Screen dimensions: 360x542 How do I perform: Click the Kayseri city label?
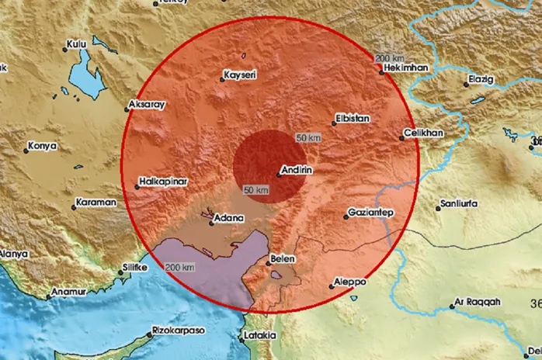click(240, 74)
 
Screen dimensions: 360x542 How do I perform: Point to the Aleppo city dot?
click(332, 286)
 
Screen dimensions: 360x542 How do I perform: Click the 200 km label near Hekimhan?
click(390, 58)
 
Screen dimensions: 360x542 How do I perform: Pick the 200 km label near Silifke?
click(180, 267)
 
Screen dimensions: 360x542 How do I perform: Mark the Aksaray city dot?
click(127, 110)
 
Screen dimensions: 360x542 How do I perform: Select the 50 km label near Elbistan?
click(308, 137)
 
